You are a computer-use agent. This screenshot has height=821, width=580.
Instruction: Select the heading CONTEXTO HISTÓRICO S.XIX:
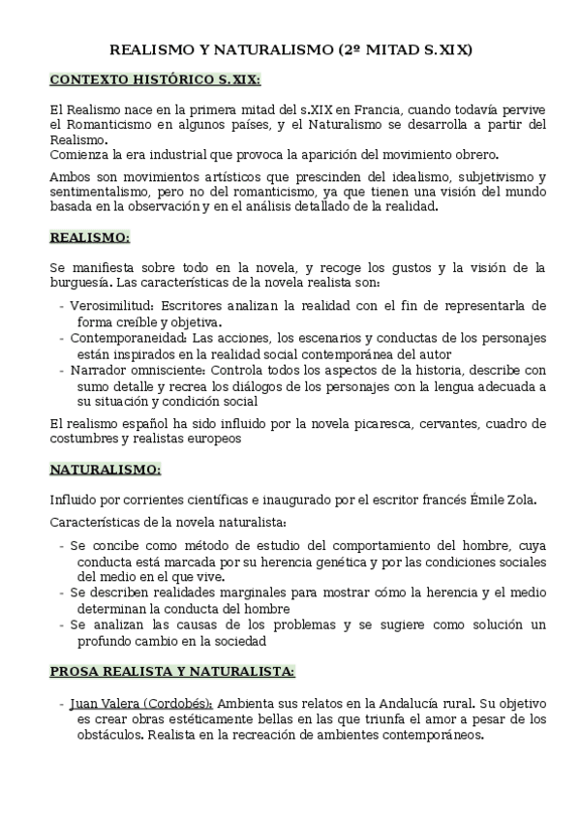(x=155, y=78)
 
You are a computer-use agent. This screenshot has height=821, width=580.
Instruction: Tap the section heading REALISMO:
(x=89, y=237)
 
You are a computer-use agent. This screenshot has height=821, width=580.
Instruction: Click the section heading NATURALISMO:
(x=106, y=470)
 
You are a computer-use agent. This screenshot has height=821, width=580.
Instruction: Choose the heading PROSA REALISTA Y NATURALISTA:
(x=172, y=670)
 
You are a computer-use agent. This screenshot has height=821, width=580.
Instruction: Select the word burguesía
(x=78, y=283)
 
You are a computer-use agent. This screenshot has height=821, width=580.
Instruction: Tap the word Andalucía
(x=442, y=703)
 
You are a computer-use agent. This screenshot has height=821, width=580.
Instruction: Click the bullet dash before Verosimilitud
(x=62, y=306)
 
